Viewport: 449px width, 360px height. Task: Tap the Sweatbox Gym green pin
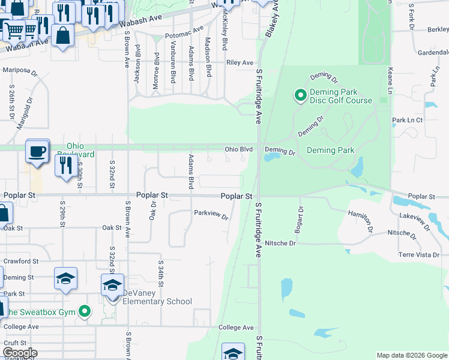coord(85,311)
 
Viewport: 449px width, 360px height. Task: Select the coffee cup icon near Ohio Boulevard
coord(37,151)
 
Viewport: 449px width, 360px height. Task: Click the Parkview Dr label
coord(211,214)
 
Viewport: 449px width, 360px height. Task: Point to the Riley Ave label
coord(240,62)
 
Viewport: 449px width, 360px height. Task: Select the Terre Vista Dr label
coord(419,255)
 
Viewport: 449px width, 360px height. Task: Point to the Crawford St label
coord(21,262)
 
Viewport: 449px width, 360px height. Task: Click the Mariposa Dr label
coord(20,70)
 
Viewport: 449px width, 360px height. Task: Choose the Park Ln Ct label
coord(408,120)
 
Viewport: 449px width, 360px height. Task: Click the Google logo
coord(20,353)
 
